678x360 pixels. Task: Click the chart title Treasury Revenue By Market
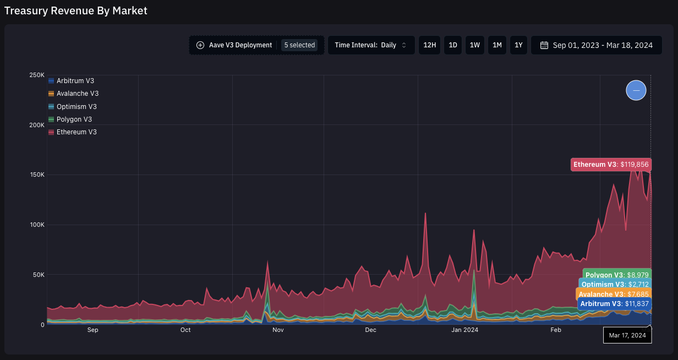[x=75, y=10]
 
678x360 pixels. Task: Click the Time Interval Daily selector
[x=371, y=45]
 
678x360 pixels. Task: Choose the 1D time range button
[x=453, y=45]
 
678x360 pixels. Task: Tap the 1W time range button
[x=474, y=45]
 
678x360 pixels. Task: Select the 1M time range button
[x=497, y=45]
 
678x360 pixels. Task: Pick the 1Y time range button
[x=518, y=45]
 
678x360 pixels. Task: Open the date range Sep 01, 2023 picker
[x=596, y=45]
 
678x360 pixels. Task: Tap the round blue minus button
[x=636, y=90]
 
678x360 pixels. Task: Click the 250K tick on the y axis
[x=37, y=75]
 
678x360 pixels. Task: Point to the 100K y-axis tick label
[x=37, y=225]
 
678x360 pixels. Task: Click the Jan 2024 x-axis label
[x=465, y=330]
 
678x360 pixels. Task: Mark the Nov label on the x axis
[x=278, y=330]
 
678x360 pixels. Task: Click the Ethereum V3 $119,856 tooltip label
[x=611, y=165]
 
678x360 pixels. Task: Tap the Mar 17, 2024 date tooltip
[x=627, y=335]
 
